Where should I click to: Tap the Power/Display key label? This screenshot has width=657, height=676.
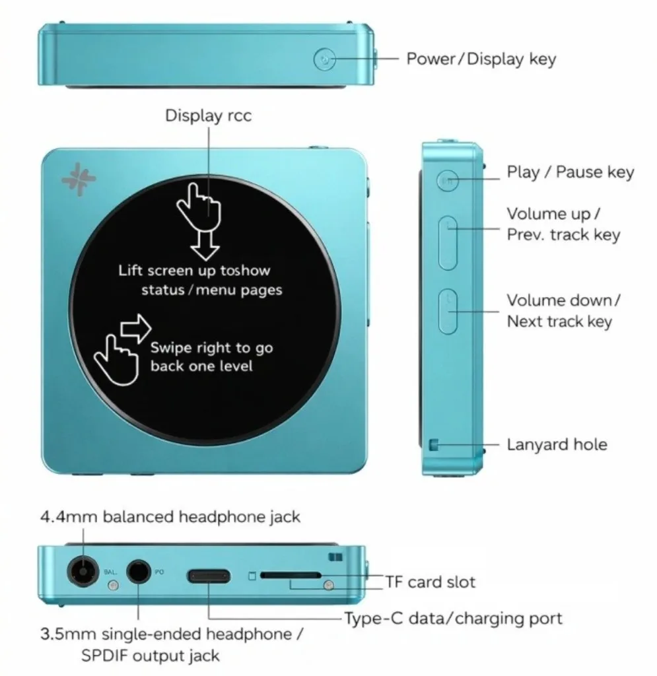click(481, 59)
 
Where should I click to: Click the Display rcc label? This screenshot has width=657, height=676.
click(208, 116)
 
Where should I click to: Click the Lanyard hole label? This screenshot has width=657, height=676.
click(557, 444)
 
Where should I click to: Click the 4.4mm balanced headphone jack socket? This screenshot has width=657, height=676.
click(82, 571)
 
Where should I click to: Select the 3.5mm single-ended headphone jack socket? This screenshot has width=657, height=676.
click(139, 571)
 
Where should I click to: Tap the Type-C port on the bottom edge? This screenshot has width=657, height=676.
click(209, 575)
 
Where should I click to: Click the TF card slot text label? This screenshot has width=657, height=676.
click(431, 582)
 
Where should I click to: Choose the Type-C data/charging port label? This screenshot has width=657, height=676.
click(453, 619)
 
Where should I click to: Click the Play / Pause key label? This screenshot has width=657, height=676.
click(570, 172)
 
